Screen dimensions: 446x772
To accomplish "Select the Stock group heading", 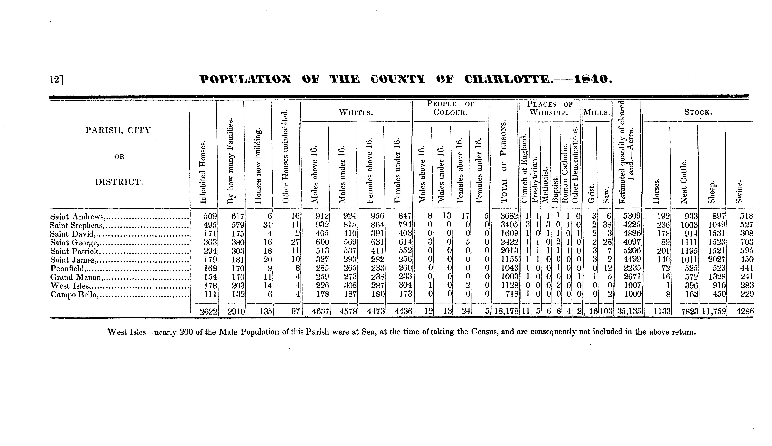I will (698, 112).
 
